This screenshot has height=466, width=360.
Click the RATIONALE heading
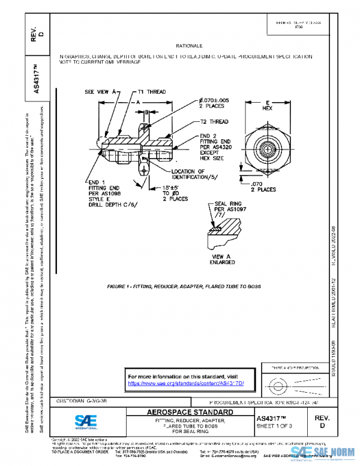(189, 46)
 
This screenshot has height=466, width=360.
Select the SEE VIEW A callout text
(100, 93)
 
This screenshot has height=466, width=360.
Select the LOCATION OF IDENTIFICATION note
(194, 175)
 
